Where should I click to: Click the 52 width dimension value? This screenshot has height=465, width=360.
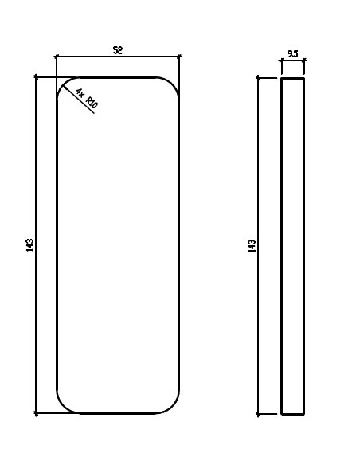coord(117,50)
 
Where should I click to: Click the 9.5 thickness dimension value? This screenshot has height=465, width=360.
coord(292,54)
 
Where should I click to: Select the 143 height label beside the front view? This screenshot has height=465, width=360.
coord(29,245)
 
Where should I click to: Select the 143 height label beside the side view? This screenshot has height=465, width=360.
coord(252,245)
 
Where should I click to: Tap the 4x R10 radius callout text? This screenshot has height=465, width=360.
coord(86,99)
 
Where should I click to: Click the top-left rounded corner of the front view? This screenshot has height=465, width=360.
coord(62,83)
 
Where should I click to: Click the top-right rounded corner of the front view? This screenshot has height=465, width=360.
coord(174,83)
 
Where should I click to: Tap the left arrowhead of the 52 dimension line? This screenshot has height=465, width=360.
coord(57,57)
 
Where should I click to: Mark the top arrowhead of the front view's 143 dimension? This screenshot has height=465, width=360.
coord(37,79)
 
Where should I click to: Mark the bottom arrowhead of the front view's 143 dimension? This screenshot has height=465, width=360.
coord(37,412)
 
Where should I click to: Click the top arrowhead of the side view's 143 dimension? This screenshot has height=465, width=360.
coord(259,79)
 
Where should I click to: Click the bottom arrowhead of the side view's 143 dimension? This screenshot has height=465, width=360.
coord(259,412)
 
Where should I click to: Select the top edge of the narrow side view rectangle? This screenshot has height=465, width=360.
coord(292,78)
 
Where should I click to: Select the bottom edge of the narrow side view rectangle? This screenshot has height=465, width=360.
coord(292,414)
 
